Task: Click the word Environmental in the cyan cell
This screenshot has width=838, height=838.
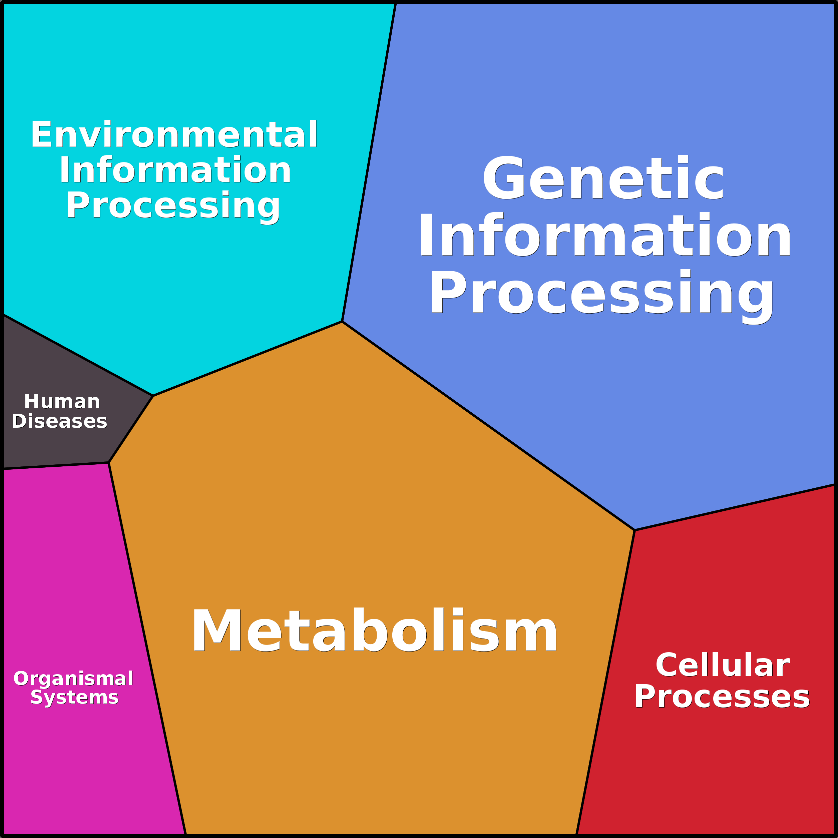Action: (x=174, y=135)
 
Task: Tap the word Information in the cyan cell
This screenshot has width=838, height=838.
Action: (x=175, y=170)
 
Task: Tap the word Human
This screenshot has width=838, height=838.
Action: (x=62, y=402)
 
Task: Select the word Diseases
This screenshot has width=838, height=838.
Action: (x=59, y=421)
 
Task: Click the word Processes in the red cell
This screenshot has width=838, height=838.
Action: (x=722, y=697)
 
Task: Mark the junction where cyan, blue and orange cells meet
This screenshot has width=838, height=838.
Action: (x=342, y=321)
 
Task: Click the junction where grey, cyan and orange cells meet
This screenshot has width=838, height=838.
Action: (x=153, y=396)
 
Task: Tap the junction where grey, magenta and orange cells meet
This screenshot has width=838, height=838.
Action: (x=109, y=463)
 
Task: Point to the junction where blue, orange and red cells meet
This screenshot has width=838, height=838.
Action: (x=635, y=530)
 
